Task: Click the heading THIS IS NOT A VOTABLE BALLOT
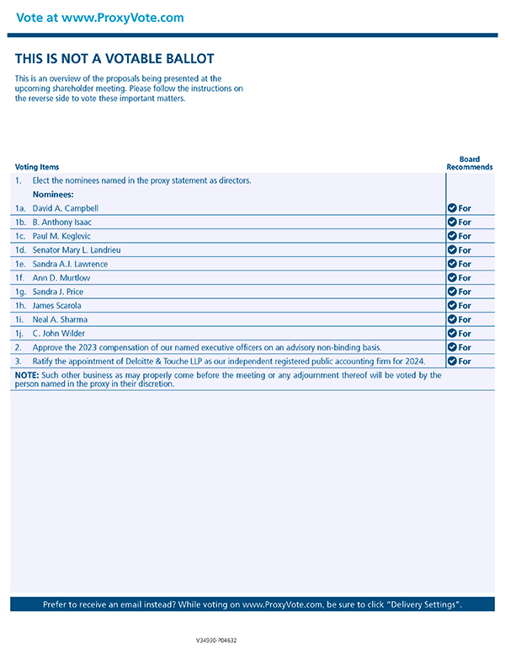(114, 59)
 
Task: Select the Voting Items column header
(37, 167)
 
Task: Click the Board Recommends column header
(469, 163)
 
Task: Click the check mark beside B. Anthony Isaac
(452, 222)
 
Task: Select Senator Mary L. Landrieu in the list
(76, 250)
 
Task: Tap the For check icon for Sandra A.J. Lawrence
(452, 264)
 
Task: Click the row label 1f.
(19, 278)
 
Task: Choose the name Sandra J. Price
(59, 292)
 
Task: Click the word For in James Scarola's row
(465, 305)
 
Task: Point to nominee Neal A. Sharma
(60, 319)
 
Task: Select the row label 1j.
(19, 333)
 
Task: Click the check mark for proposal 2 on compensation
(452, 347)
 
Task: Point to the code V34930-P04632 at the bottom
(216, 641)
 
